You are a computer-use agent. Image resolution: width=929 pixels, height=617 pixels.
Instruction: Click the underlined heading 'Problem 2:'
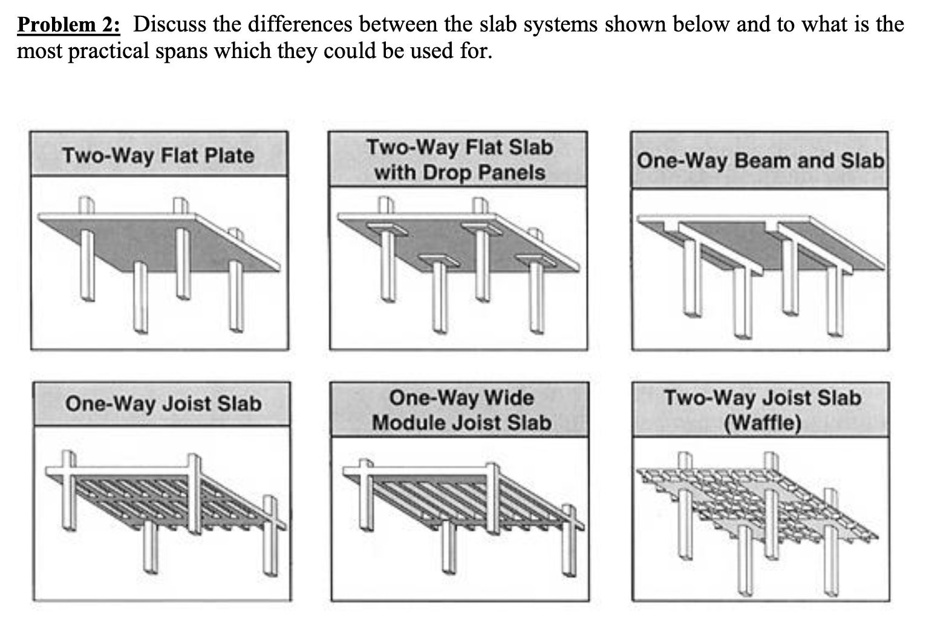(x=68, y=25)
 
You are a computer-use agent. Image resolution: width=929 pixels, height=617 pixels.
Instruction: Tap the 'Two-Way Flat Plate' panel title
(x=158, y=155)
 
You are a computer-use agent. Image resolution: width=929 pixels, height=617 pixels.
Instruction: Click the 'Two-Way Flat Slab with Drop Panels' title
(x=459, y=160)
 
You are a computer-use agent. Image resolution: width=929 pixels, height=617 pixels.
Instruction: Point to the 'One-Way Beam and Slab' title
(x=760, y=161)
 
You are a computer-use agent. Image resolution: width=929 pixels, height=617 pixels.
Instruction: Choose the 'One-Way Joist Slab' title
(x=163, y=403)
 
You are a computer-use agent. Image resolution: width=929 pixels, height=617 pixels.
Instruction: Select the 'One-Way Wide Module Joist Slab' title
(x=461, y=410)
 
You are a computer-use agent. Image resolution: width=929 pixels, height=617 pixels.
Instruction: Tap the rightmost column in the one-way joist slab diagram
(x=269, y=538)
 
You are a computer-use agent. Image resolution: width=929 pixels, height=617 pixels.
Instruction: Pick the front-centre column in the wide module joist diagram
(x=448, y=547)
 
